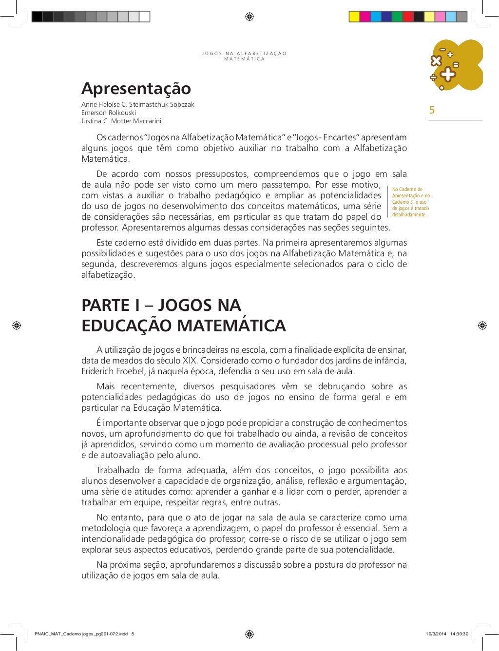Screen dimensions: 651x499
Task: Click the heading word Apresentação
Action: pyautogui.click(x=136, y=89)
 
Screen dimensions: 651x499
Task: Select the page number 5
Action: pyautogui.click(x=432, y=110)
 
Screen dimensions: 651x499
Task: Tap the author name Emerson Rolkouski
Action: pyautogui.click(x=109, y=113)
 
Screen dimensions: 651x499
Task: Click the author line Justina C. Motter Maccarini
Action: pyautogui.click(x=121, y=121)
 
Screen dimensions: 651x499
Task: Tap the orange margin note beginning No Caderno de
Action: pyautogui.click(x=411, y=202)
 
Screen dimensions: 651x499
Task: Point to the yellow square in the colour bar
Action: pyautogui.click(x=354, y=17)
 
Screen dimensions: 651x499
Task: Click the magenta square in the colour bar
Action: pyautogui.click(x=365, y=17)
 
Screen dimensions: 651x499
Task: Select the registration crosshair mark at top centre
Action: pyautogui.click(x=249, y=17)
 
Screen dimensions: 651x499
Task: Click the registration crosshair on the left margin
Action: pyautogui.click(x=17, y=325)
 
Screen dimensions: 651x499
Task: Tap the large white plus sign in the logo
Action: pyautogui.click(x=447, y=75)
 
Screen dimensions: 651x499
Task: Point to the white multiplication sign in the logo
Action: pyautogui.click(x=436, y=60)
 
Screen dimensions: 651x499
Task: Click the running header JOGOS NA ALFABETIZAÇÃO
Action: pyautogui.click(x=244, y=54)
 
